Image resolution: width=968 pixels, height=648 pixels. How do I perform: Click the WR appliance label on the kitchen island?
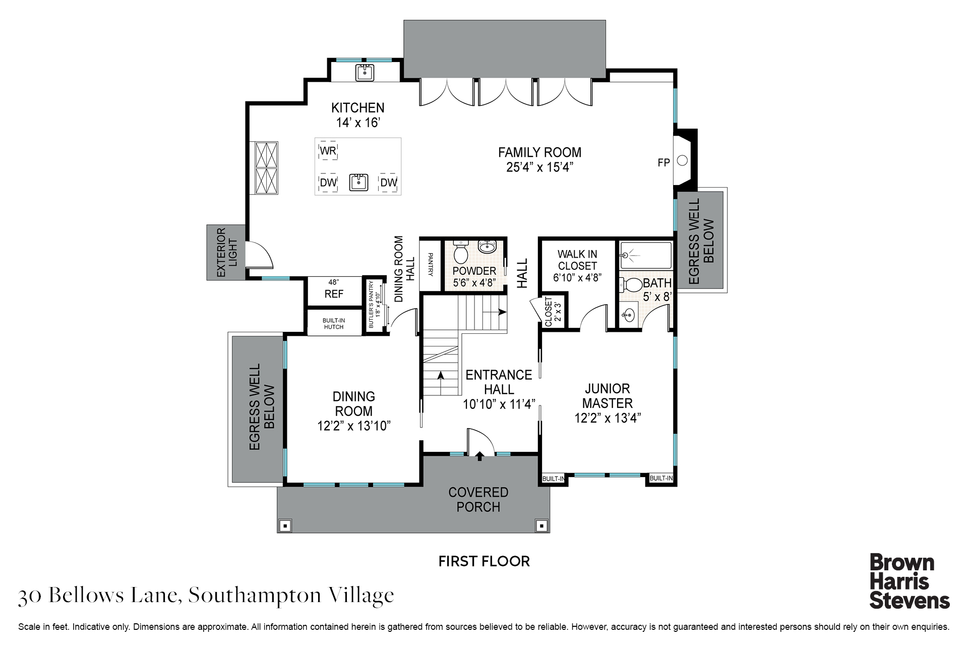328,151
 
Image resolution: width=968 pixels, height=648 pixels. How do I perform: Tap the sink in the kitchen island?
358,183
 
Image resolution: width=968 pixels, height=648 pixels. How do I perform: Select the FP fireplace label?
663,162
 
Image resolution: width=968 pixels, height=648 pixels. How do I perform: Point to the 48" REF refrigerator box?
334,291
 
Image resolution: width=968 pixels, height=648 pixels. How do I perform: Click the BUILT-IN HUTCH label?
334,324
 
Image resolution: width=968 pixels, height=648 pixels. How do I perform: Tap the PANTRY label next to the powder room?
431,264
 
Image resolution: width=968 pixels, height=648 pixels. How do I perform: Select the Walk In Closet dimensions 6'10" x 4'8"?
577,277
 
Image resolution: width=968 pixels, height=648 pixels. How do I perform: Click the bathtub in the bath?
645,255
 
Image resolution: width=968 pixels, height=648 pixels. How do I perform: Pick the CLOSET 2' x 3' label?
553,311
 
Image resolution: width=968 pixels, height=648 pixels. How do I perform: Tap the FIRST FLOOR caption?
484,561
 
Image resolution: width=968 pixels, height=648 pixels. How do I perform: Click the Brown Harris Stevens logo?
910,581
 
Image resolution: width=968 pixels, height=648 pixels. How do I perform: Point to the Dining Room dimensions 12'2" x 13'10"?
354,426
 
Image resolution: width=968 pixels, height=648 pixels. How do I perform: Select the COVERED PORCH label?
478,500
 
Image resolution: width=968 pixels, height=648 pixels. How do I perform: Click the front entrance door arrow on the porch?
479,456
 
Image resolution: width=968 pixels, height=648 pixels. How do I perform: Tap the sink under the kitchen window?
365,73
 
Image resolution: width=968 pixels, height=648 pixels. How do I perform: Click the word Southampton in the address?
255,596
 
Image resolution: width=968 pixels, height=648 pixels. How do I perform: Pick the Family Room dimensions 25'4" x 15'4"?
540,167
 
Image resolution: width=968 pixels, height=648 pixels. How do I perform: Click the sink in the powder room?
487,247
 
